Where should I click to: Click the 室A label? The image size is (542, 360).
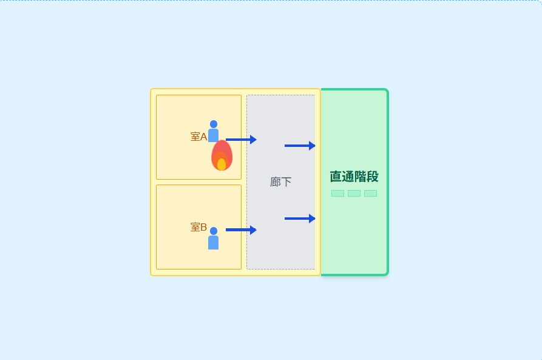198,137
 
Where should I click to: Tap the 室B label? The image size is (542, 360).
198,227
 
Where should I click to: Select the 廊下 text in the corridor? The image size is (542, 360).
280,182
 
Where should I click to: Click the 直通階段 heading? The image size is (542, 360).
354,177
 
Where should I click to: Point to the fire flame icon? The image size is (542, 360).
222,155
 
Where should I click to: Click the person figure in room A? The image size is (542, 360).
213,131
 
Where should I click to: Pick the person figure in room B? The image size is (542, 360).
213,238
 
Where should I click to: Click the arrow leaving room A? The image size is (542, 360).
241,140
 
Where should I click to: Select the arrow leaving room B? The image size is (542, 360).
241,229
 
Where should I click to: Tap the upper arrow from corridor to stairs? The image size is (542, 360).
300,146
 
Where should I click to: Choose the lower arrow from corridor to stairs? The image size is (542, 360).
300,219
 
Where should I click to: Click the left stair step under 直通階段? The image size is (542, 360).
337,193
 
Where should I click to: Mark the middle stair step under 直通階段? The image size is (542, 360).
354,193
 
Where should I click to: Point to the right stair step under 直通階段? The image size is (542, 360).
371,193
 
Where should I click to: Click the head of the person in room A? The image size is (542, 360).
214,124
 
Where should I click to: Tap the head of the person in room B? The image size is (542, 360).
214,231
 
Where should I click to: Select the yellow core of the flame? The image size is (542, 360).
222,165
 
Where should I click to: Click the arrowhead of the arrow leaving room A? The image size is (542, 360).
253,140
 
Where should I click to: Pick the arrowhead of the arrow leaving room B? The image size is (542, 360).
253,229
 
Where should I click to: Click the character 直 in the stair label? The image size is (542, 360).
336,177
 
